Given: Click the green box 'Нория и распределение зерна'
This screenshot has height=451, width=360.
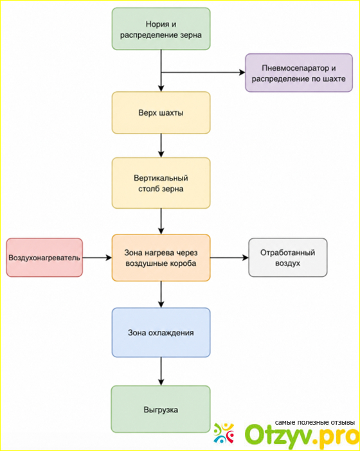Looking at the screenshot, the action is (x=161, y=29).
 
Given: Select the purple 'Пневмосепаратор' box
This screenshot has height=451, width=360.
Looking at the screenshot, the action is (x=299, y=73).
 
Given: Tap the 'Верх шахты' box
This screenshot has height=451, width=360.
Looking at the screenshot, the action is (x=161, y=113).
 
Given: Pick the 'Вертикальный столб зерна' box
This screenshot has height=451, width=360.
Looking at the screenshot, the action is (x=161, y=183).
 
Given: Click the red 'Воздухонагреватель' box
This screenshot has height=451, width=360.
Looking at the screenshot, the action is (x=44, y=258).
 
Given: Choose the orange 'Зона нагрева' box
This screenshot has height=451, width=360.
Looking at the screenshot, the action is (x=161, y=258).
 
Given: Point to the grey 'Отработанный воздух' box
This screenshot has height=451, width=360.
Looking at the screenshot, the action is (x=288, y=258).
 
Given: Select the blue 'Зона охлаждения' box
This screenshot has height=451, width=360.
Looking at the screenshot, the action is (x=161, y=333).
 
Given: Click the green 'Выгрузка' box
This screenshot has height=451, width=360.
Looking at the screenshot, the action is (x=161, y=409).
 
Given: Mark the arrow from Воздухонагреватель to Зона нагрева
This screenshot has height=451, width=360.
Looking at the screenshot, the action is (x=97, y=258).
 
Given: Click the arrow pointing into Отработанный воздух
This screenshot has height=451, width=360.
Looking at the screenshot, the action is (x=230, y=258).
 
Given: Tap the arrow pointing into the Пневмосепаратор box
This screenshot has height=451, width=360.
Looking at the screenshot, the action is (x=203, y=73).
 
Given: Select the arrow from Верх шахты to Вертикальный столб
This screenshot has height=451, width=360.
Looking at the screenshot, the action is (x=161, y=146).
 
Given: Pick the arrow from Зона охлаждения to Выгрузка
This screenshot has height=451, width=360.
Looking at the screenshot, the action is (x=161, y=371).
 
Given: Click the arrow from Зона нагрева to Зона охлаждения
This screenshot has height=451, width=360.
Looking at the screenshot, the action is (x=161, y=294).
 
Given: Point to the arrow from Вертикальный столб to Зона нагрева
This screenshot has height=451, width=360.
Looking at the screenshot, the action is (x=161, y=222).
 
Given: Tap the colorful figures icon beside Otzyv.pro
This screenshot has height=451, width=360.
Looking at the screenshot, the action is (x=224, y=433).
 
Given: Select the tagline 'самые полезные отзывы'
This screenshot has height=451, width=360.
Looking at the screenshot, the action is (x=315, y=423).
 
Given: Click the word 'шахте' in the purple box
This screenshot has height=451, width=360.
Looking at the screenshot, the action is (x=334, y=78).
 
